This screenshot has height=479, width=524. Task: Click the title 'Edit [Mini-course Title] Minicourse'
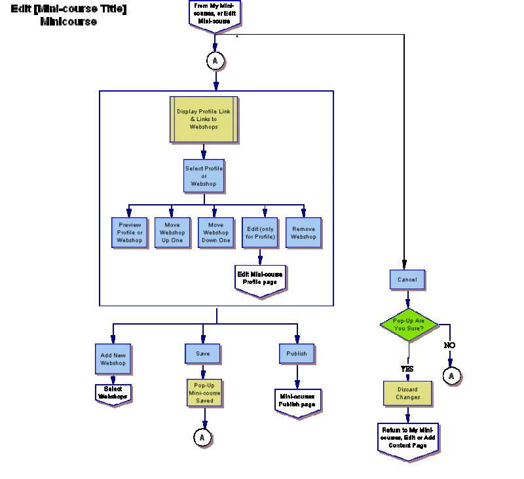[x=68, y=15]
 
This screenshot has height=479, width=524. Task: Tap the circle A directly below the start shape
[x=215, y=61]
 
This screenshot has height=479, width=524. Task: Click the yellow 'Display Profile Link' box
[x=204, y=119]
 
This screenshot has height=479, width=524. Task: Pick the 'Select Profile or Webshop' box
[x=204, y=176]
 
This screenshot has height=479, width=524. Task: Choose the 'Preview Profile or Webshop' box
[x=130, y=233]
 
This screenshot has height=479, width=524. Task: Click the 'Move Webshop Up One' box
[x=172, y=233]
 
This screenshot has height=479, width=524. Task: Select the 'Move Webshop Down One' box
[x=215, y=233]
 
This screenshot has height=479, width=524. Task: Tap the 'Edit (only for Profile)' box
[x=259, y=233]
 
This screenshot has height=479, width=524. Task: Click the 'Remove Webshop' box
[x=303, y=233]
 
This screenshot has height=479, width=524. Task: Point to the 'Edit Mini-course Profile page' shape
[x=260, y=280]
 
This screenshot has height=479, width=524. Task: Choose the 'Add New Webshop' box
[x=113, y=359]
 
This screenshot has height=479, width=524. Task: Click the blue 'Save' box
[x=203, y=353]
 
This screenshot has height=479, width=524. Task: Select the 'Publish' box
[x=296, y=353]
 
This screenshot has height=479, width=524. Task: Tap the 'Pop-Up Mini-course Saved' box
[x=204, y=393]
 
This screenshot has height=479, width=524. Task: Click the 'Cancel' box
[x=407, y=279]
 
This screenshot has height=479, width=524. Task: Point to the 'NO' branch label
[x=450, y=345]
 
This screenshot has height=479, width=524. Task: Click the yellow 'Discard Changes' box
[x=407, y=393]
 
